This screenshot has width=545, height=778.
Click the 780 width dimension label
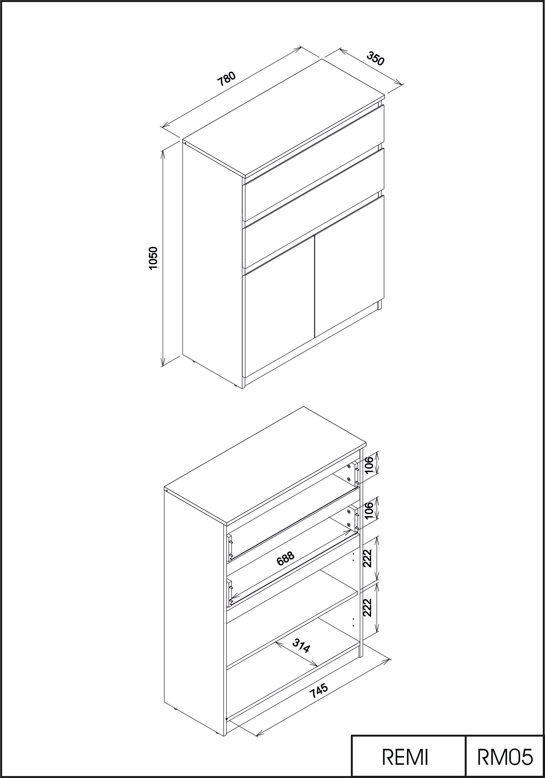click(226, 79)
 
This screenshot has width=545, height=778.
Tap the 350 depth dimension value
click(376, 58)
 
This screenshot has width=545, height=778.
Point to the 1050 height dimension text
click(153, 258)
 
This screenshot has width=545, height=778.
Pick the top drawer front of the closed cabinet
click(314, 163)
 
